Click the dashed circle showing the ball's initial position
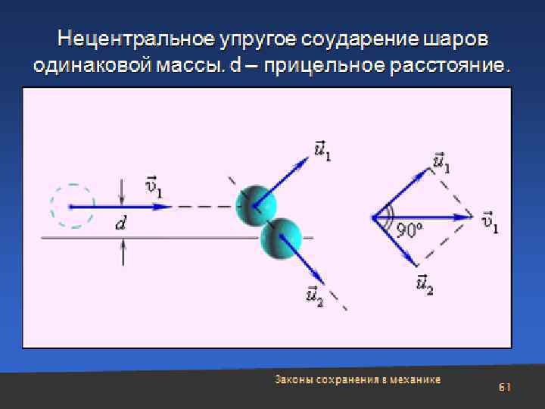point(72,206)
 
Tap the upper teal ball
point(255,204)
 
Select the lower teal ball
point(281,237)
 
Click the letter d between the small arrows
point(120,223)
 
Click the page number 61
point(505,387)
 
